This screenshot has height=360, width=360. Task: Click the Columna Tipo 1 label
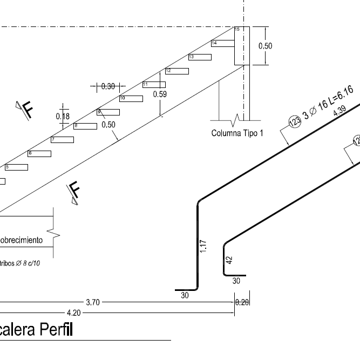pos(237,133)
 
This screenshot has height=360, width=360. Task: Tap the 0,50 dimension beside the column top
pos(265,46)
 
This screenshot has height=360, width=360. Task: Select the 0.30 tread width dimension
pos(108,86)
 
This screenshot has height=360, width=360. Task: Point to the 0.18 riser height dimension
pos(63,116)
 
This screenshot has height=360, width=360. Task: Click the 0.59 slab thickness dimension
pos(160,94)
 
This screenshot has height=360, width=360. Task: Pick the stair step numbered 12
pos(176,71)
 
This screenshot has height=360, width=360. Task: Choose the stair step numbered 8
pos(85,126)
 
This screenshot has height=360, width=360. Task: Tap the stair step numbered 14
pos(222,43)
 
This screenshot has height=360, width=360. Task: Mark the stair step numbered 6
pos(39,153)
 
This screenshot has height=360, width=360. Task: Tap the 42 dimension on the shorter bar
pos(229,260)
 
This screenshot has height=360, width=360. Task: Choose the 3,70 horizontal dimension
pos(93,302)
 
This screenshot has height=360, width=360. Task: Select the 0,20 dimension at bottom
pos(242,302)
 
